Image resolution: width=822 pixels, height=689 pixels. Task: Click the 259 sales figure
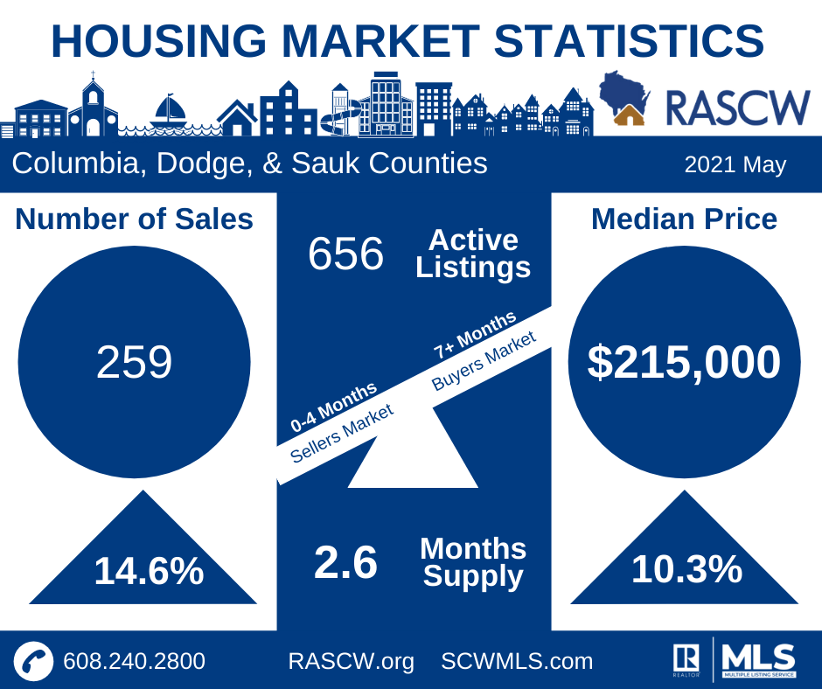(134, 363)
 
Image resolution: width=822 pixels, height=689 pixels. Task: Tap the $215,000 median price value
(684, 362)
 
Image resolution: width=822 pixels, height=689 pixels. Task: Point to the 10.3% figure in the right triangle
(686, 570)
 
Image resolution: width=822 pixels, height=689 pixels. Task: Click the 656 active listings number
(345, 254)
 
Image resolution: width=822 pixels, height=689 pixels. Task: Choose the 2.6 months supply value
(345, 563)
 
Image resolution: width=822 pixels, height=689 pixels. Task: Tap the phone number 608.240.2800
(134, 661)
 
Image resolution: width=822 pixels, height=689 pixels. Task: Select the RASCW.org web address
(351, 661)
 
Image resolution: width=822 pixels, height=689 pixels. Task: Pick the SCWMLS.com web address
(517, 661)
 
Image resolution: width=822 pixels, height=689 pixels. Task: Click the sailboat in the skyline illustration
(170, 111)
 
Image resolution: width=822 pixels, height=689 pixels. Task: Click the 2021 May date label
(735, 164)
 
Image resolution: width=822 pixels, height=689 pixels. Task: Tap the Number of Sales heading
(134, 219)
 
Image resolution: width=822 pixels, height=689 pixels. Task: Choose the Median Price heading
(684, 219)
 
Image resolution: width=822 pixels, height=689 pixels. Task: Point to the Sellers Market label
(342, 434)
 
